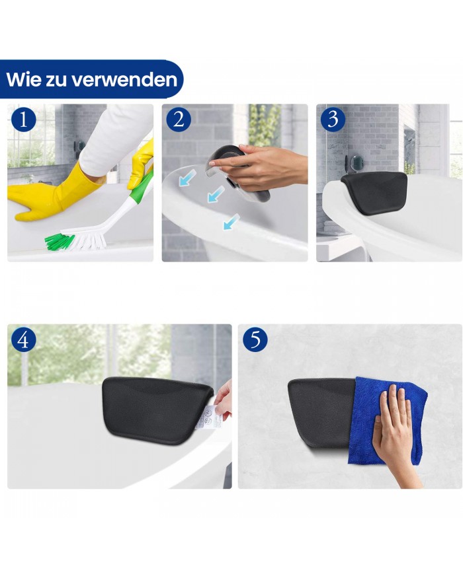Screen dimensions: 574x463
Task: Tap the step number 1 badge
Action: coord(24,120)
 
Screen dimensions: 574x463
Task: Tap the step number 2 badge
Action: coord(179,120)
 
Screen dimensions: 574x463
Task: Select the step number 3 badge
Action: coord(333,120)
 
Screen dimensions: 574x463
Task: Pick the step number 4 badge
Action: coord(24,340)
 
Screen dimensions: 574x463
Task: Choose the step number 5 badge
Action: coord(255,340)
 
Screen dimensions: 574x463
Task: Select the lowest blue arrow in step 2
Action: coord(230,224)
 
